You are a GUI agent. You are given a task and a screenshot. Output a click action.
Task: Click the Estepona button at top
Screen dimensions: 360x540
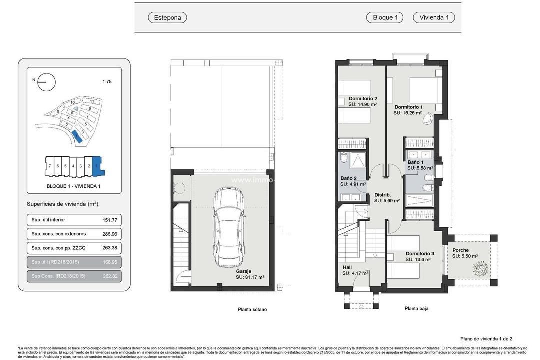coord(167,18)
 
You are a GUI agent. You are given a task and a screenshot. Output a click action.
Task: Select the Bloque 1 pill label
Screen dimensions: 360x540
coord(385,18)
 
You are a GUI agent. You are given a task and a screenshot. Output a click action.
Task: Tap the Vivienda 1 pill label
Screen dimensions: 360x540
coord(433,18)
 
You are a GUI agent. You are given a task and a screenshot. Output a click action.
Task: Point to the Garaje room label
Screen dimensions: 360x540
coord(243,271)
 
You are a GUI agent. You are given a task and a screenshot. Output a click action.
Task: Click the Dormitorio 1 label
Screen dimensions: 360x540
coord(408,107)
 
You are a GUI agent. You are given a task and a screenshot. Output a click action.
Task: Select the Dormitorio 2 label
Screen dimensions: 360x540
coord(363,98)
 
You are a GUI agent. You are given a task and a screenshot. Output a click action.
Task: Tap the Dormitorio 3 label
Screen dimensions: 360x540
coord(420,254)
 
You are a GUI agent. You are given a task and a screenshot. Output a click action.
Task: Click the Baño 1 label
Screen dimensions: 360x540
coord(415,162)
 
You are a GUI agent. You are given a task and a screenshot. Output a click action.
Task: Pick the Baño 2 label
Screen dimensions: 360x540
coord(348,178)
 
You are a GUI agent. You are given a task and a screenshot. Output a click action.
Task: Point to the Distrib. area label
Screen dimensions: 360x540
coord(382,195)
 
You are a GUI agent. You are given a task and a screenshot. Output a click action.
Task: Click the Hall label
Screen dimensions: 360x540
coord(347,267)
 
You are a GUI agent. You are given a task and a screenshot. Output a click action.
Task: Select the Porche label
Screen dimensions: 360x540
coord(460,250)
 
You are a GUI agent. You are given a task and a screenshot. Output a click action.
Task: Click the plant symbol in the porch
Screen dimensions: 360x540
coord(481,269)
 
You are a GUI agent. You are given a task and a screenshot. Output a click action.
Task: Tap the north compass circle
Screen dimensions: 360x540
coord(46,82)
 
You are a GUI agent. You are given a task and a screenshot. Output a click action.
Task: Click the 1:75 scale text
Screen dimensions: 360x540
coord(107,82)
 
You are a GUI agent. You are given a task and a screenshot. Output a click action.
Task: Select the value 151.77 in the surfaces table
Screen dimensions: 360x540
coord(112,220)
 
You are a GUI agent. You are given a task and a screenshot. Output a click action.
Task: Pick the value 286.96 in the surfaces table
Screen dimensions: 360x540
coord(112,234)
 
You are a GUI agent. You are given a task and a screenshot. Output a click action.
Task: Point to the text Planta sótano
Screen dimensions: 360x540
coord(252,309)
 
